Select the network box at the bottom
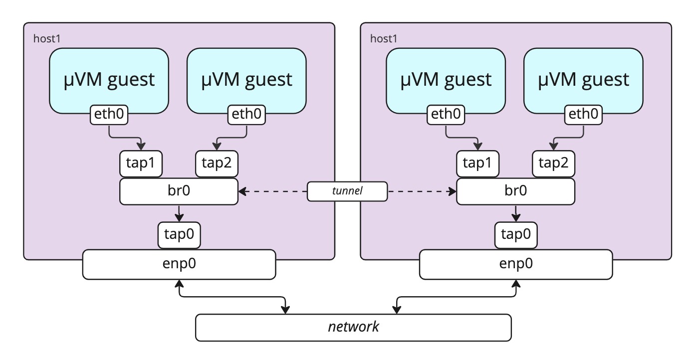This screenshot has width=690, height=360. pyautogui.click(x=353, y=327)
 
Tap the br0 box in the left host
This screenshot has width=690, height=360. pyautogui.click(x=179, y=192)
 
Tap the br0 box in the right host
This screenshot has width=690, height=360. pyautogui.click(x=516, y=192)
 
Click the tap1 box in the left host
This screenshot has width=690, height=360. pyautogui.click(x=141, y=163)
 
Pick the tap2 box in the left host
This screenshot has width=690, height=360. pyautogui.click(x=217, y=163)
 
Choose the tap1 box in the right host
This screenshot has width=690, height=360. pyautogui.click(x=478, y=163)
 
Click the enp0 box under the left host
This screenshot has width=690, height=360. pyautogui.click(x=179, y=264)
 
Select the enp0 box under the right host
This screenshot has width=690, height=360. pyautogui.click(x=516, y=264)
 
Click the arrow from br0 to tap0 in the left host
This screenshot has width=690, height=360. pyautogui.click(x=179, y=213)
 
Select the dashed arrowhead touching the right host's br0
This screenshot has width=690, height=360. pyautogui.click(x=453, y=191)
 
